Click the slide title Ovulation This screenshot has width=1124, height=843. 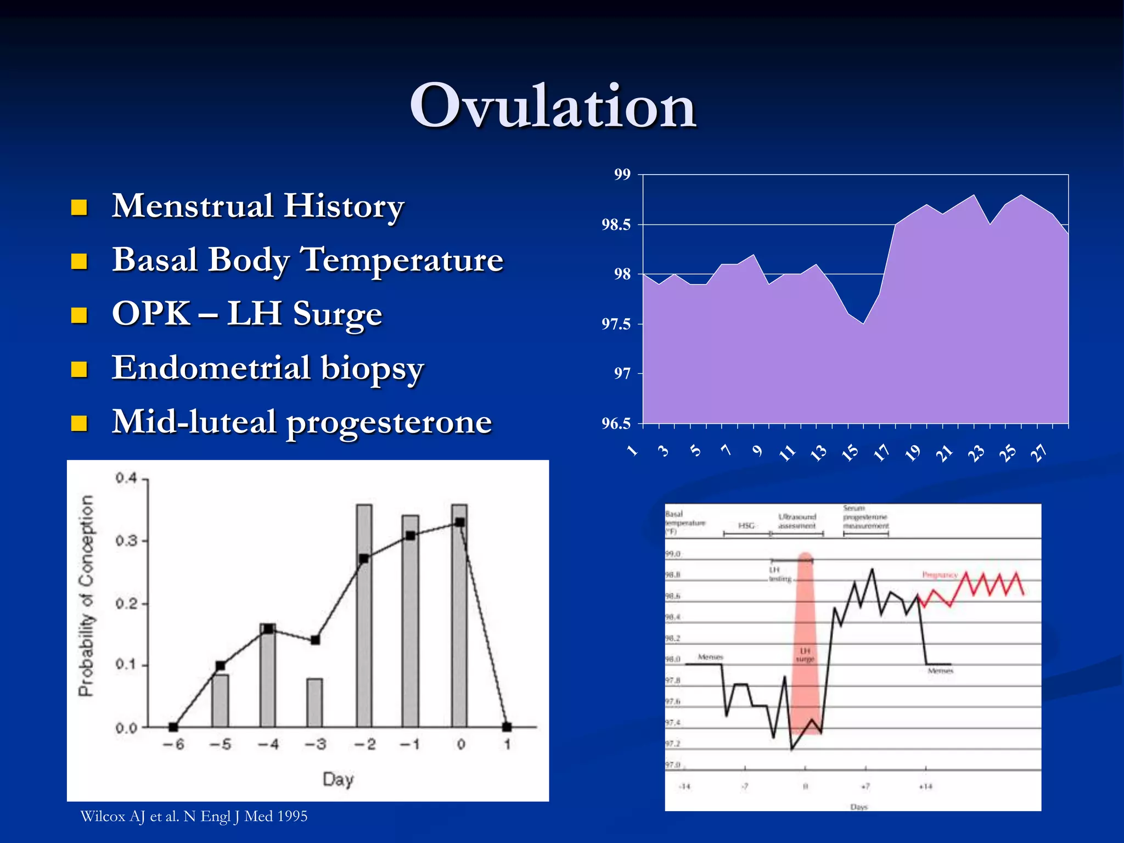pyautogui.click(x=553, y=106)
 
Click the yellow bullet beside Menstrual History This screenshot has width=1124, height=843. pyautogui.click(x=80, y=207)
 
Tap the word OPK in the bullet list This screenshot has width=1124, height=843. pyautogui.click(x=151, y=313)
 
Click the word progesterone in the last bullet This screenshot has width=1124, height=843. pyautogui.click(x=389, y=421)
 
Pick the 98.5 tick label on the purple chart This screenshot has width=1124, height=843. pyautogui.click(x=616, y=224)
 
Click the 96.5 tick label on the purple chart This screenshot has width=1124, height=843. pyautogui.click(x=616, y=423)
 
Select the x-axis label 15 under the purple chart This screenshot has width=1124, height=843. pyautogui.click(x=850, y=452)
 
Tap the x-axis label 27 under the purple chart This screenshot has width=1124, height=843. pyautogui.click(x=1038, y=452)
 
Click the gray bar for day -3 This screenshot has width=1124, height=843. pyautogui.click(x=314, y=702)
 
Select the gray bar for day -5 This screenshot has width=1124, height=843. pyautogui.click(x=220, y=700)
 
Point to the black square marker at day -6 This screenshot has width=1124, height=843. pyautogui.click(x=173, y=727)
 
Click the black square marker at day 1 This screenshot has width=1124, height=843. pyautogui.click(x=507, y=727)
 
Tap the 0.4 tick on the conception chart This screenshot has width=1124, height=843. pyautogui.click(x=126, y=478)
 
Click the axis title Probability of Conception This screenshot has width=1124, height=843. pyautogui.click(x=86, y=595)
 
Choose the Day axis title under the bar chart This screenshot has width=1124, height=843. pyautogui.click(x=338, y=779)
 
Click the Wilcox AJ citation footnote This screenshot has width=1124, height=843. pyautogui.click(x=194, y=816)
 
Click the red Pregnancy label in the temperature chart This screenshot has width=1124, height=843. pyautogui.click(x=940, y=575)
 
